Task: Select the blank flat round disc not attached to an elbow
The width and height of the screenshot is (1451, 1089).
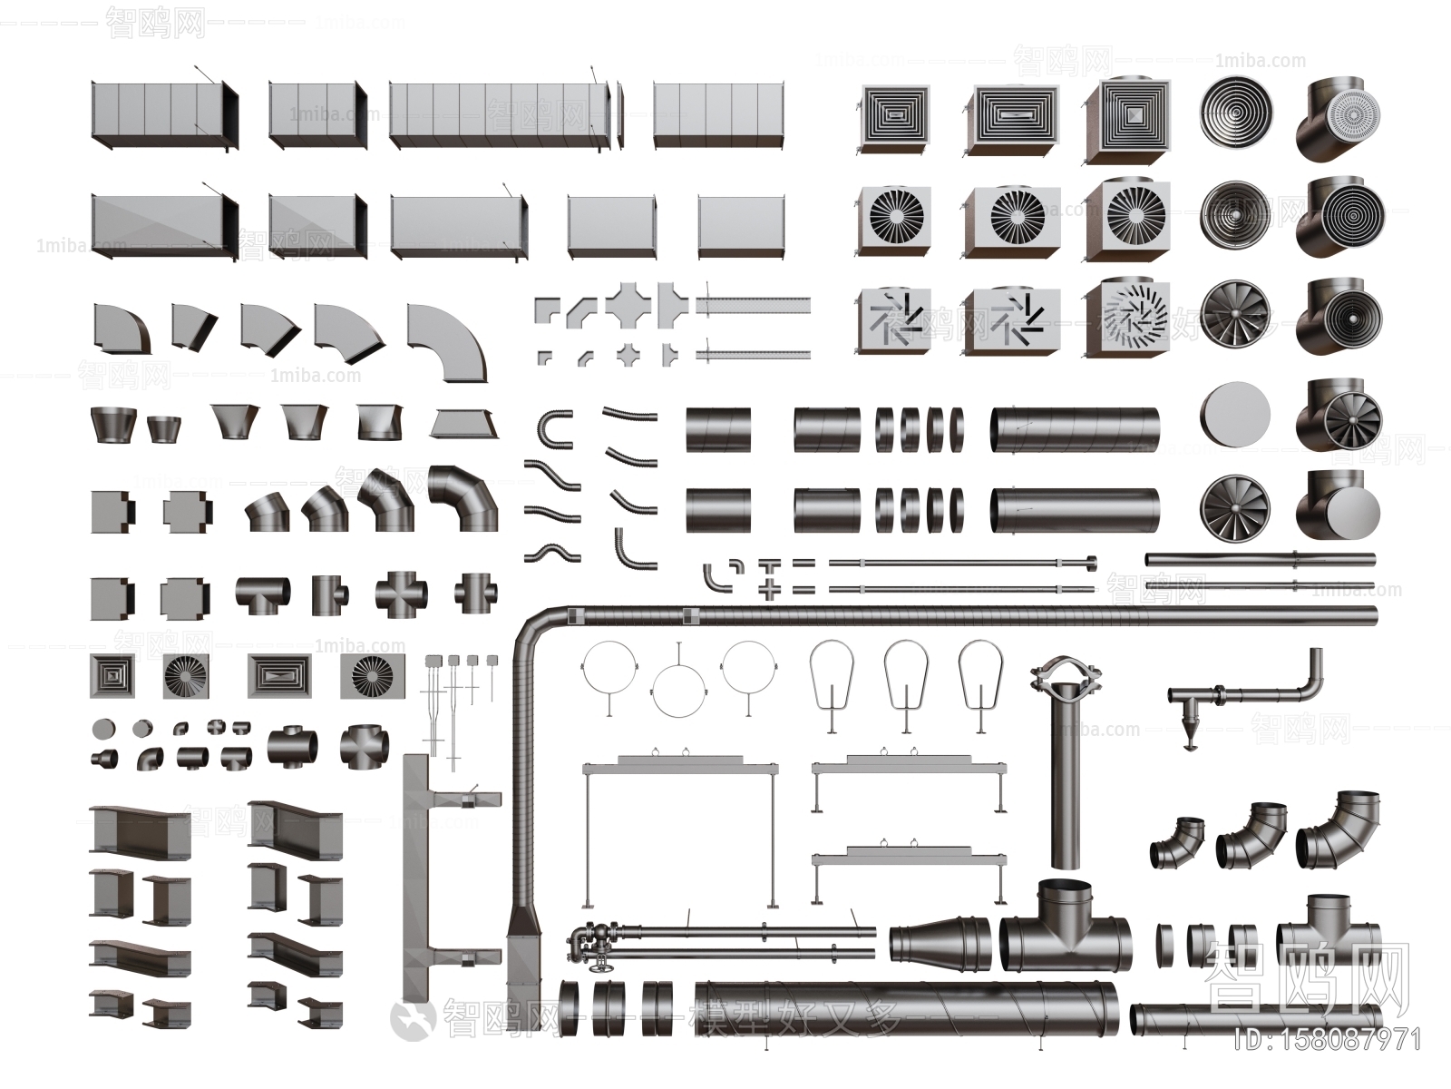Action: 1234,416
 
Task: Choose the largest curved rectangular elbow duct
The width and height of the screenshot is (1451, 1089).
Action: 446,342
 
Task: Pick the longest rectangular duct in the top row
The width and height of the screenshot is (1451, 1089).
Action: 499,114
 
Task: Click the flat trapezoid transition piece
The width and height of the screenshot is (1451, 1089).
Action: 464,423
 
